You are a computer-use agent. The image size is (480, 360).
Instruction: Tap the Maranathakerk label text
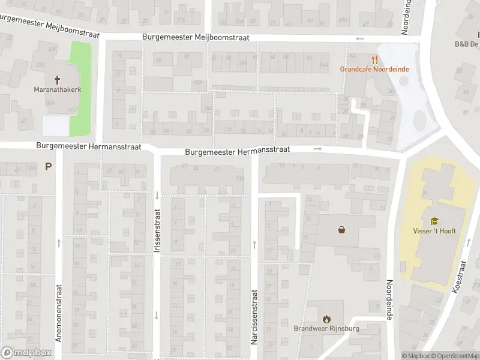[x=58, y=90]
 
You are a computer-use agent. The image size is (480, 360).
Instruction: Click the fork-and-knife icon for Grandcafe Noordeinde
[x=374, y=59]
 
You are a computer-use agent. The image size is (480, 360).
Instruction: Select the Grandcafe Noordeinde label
[x=374, y=69]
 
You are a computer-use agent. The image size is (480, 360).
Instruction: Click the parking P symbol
[x=48, y=166]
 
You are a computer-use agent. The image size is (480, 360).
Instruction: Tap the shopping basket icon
[x=342, y=229]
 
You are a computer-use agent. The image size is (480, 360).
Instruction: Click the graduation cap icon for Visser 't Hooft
[x=434, y=221]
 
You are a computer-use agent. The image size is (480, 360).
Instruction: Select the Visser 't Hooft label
[x=434, y=231]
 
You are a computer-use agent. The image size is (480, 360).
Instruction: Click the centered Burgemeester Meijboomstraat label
[x=196, y=37]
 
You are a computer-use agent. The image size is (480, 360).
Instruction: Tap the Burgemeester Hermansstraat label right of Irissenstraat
[x=238, y=152]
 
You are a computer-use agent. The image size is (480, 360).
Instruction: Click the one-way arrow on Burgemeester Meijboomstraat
[x=360, y=39]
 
